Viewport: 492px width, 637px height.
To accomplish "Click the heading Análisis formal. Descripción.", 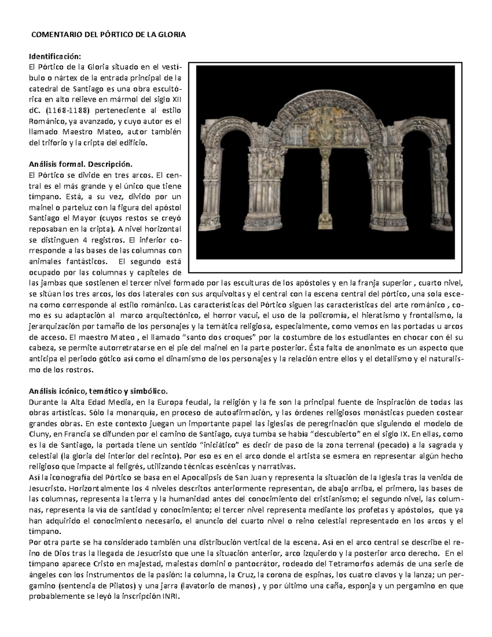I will point(80,164).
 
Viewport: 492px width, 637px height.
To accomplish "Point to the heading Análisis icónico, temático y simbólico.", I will point(98,390).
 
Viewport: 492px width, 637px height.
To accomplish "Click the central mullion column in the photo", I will point(325,180).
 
